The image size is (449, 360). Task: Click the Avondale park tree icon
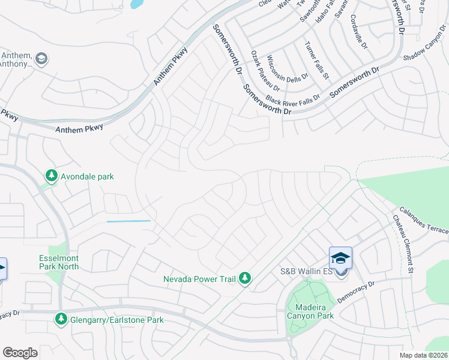52,176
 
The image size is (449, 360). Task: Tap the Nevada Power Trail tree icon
244,278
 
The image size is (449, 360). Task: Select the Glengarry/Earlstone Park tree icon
61,320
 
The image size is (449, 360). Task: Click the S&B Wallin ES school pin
340,260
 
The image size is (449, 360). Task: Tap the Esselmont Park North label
59,262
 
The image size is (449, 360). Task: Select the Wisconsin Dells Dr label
287,69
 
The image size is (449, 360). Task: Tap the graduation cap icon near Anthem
41,59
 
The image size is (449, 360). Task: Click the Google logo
20,353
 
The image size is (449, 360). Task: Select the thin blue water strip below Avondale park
128,221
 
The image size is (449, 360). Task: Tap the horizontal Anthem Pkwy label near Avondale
79,127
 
